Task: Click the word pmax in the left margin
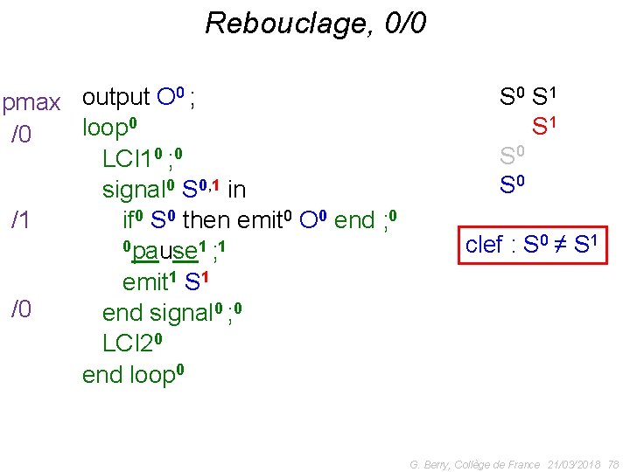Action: [31, 103]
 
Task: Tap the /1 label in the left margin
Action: [21, 219]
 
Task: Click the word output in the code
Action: [115, 97]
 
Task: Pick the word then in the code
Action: [205, 220]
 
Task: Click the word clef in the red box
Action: [484, 245]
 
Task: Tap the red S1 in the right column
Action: [544, 127]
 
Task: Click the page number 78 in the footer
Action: [612, 464]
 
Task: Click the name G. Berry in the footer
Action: [430, 464]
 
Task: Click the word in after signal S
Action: [236, 190]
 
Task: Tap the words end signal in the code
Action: [161, 312]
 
